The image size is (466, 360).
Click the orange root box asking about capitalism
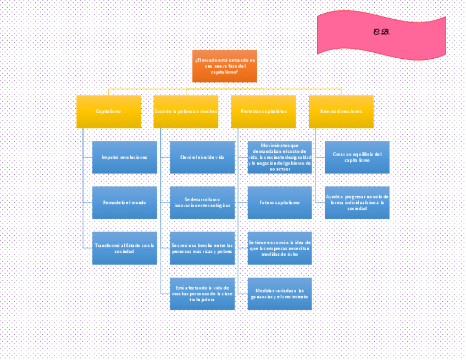(x=224, y=66)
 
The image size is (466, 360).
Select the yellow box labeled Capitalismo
(x=109, y=112)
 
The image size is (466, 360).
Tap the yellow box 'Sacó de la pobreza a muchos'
(x=186, y=112)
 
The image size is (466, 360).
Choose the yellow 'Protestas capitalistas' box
(x=263, y=112)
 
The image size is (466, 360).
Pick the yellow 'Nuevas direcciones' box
(x=341, y=112)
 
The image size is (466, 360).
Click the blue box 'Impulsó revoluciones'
(x=125, y=157)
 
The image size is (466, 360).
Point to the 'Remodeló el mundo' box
(x=125, y=202)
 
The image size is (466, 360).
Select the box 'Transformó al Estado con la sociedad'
(x=125, y=248)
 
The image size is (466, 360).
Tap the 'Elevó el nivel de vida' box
(x=202, y=157)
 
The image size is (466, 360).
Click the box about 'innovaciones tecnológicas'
(x=202, y=202)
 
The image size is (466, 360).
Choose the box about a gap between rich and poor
(x=202, y=248)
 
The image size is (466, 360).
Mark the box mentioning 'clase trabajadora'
(x=202, y=293)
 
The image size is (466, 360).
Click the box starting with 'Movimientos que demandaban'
(x=280, y=157)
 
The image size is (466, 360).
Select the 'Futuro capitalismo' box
(x=280, y=202)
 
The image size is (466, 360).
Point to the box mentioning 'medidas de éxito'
(x=280, y=248)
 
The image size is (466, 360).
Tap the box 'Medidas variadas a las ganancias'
(x=280, y=293)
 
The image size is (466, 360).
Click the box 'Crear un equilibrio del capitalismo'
(x=357, y=157)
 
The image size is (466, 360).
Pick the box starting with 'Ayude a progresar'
(x=357, y=202)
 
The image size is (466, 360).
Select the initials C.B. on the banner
(x=381, y=32)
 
